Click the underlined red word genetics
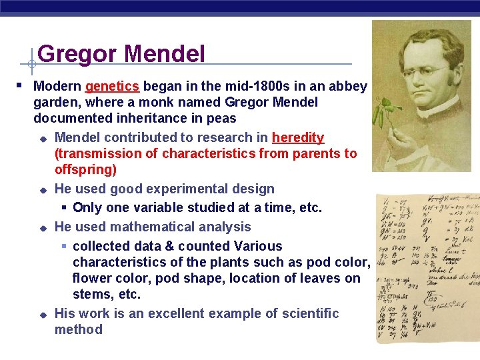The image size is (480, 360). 111,87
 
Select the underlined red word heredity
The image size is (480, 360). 298,138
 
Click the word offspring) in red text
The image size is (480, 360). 85,170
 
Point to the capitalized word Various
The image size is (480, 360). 254,246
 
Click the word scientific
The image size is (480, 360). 307,313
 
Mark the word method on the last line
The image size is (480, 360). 79,329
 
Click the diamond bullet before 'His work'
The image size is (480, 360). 42,314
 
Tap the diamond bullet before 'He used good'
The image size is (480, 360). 42,190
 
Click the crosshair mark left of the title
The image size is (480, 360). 31,65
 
